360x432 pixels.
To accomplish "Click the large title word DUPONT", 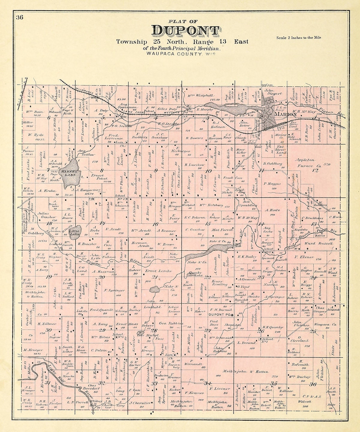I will pyautogui.click(x=185, y=31).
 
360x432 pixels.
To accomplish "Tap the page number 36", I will pyautogui.click(x=20, y=17).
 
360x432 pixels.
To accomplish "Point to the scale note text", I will pyautogui.click(x=298, y=37).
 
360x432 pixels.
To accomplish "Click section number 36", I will pyautogui.click(x=313, y=384).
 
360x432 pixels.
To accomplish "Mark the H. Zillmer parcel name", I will pyautogui.click(x=47, y=324).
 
